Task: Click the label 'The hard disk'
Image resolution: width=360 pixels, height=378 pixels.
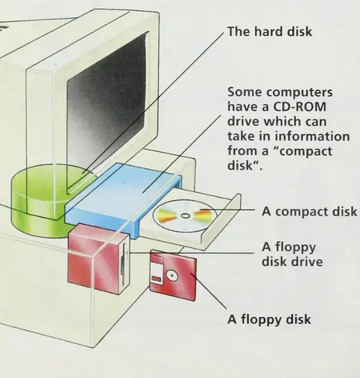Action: point(269,31)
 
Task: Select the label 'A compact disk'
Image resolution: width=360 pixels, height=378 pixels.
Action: point(309,211)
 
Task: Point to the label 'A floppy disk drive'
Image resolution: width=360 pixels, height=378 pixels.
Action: point(292,254)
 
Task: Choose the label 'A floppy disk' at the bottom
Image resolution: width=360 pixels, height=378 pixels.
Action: point(269,319)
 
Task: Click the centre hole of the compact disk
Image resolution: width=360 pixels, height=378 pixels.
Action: point(185,216)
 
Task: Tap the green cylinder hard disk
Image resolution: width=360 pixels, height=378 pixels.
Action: point(41,200)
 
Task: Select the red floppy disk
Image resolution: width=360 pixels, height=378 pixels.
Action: point(173,275)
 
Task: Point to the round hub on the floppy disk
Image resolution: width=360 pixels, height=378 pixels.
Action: point(172,276)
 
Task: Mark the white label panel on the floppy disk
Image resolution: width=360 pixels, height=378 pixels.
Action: point(157,273)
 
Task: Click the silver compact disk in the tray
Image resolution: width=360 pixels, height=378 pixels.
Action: point(185,216)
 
